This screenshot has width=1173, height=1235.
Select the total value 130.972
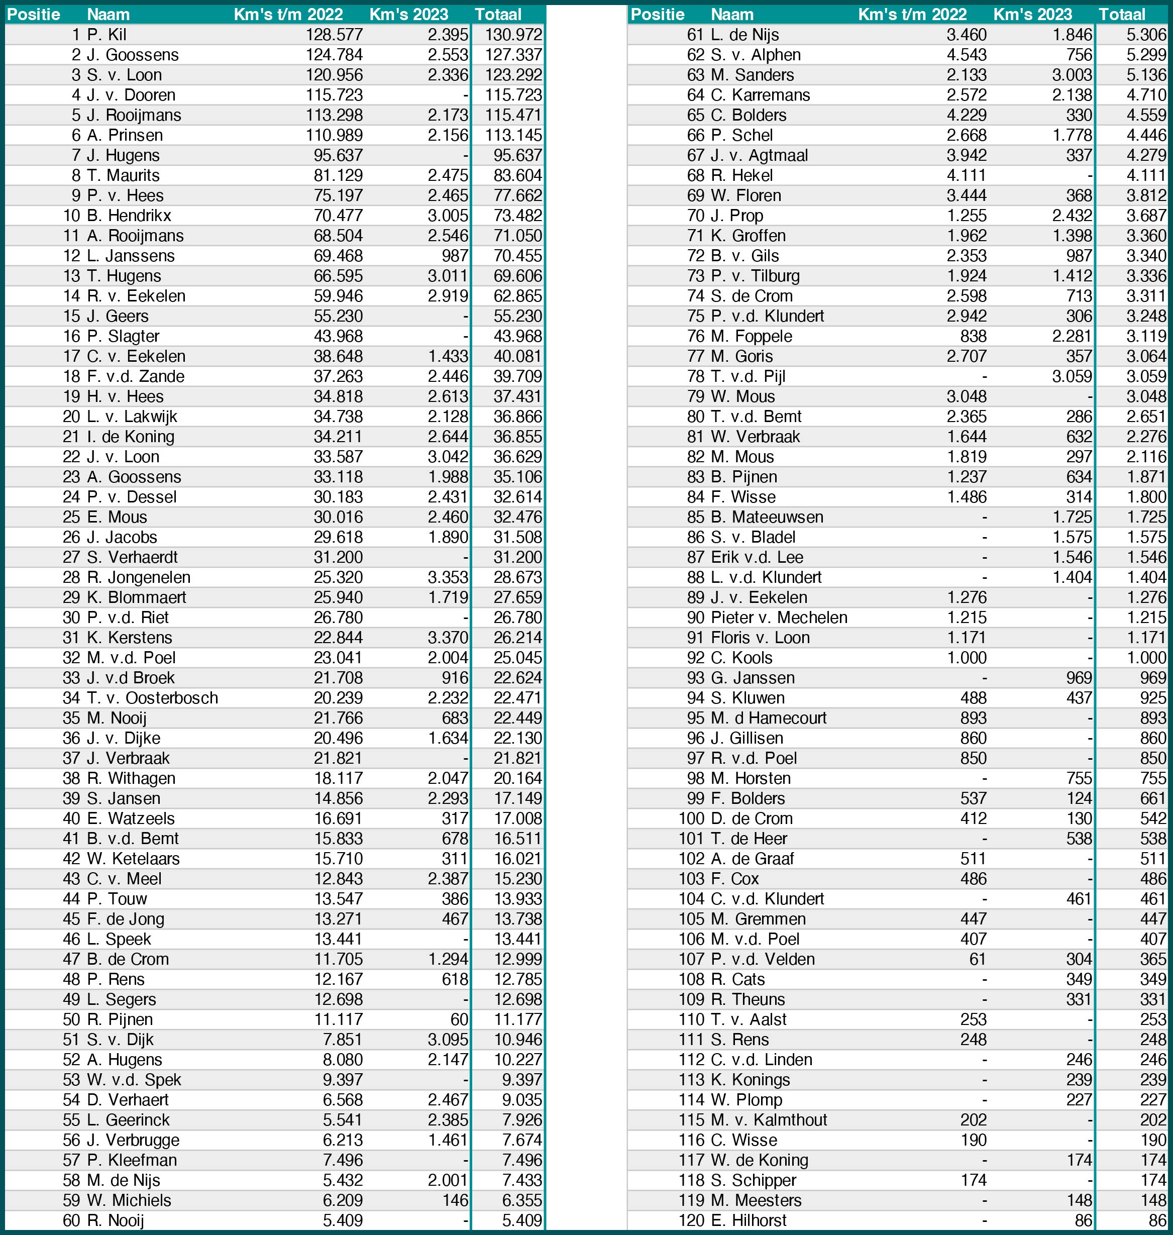(513, 35)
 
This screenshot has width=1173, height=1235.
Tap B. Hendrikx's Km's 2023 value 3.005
(448, 216)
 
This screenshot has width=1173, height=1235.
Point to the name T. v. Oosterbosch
(153, 698)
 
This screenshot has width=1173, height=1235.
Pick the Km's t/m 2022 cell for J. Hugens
(338, 156)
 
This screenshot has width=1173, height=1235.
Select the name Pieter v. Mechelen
(779, 618)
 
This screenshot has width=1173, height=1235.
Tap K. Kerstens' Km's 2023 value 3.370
(448, 638)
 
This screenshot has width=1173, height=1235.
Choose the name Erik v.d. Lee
(757, 557)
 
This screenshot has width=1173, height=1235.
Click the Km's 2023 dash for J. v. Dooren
(465, 95)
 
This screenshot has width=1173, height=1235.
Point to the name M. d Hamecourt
(769, 718)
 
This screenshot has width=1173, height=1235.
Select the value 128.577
(334, 35)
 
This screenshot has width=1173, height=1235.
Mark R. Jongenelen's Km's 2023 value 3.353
(448, 577)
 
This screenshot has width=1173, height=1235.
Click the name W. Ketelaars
(133, 859)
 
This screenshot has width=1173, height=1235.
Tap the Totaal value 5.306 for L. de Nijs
(1146, 35)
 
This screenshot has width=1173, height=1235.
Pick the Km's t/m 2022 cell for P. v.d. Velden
(977, 959)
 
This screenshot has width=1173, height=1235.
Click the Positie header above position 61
(657, 15)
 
